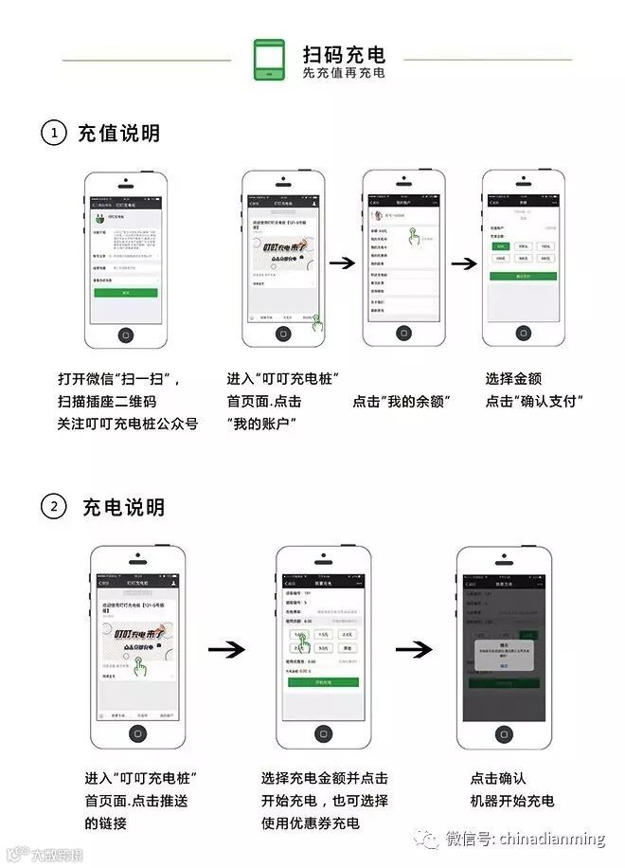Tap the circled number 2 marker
[54, 507]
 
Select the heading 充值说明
[118, 134]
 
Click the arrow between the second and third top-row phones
[342, 262]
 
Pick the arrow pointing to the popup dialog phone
[414, 650]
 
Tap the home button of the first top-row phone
[125, 335]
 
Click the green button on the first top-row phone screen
[125, 293]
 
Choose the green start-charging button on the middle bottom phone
[322, 682]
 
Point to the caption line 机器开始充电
[512, 801]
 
